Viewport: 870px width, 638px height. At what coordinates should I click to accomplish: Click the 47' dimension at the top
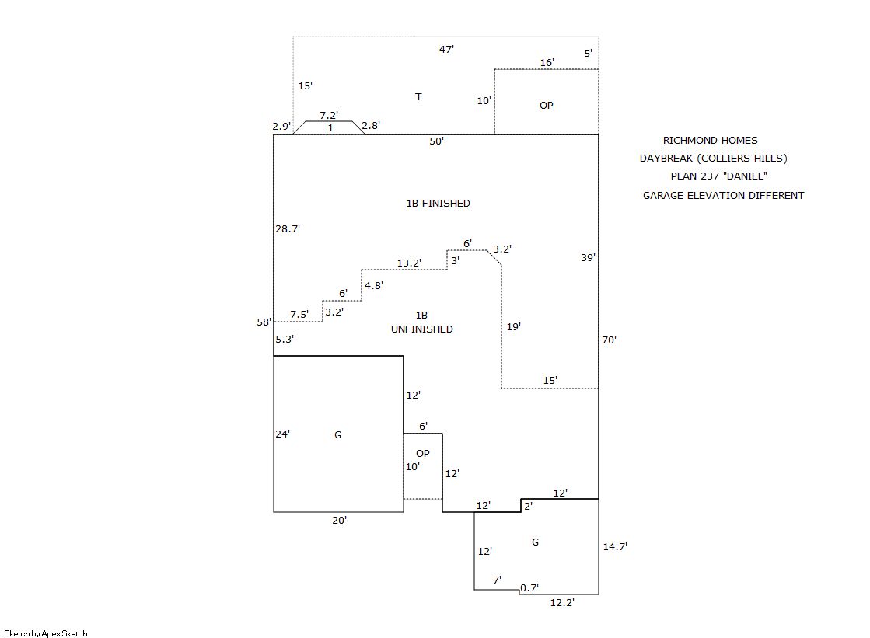click(446, 49)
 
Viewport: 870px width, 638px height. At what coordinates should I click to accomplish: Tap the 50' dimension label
click(437, 141)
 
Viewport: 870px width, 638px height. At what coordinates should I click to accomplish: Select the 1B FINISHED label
click(438, 204)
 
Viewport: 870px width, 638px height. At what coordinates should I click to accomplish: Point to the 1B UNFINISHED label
click(421, 322)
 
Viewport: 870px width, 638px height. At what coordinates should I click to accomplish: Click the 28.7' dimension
click(288, 229)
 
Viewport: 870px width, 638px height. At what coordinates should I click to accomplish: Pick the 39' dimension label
click(589, 257)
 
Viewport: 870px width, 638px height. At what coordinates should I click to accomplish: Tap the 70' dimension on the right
click(609, 340)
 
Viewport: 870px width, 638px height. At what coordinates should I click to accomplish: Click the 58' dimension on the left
click(264, 322)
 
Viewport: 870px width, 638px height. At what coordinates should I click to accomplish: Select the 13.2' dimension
click(409, 263)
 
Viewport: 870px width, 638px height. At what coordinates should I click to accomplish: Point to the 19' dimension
click(514, 327)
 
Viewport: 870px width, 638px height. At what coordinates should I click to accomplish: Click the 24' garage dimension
click(283, 434)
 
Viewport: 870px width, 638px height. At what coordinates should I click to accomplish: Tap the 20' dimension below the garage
click(339, 521)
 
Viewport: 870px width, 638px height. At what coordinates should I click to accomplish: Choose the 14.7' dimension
click(615, 547)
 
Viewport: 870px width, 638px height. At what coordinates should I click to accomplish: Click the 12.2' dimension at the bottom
click(563, 602)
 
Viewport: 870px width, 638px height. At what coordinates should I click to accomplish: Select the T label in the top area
click(418, 97)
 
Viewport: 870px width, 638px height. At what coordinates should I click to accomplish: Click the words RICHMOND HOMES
click(710, 141)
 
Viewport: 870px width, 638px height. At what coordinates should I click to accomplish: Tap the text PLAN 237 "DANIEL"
click(713, 176)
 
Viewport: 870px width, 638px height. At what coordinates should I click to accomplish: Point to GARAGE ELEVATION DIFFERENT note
click(723, 196)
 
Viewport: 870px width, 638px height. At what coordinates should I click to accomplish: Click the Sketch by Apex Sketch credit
click(46, 634)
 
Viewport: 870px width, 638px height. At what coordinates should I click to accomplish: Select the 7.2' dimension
click(329, 115)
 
